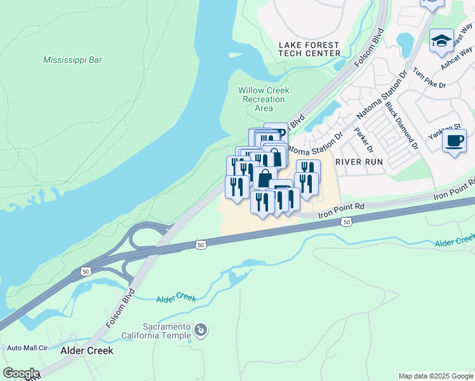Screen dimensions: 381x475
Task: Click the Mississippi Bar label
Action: [72, 60]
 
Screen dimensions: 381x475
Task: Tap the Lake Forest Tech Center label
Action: [309, 50]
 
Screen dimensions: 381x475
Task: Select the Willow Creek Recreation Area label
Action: [264, 99]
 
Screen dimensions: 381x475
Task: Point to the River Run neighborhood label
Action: [359, 162]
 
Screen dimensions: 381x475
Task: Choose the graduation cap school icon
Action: [441, 41]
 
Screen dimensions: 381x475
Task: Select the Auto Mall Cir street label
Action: [27, 348]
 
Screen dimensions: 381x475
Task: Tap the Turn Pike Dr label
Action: [429, 76]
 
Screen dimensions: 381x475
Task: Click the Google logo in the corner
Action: [20, 373]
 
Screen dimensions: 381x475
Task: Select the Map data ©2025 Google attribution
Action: [436, 376]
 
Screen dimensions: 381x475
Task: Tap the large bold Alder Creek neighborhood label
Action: [86, 351]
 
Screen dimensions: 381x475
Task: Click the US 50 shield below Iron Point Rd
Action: [345, 222]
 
